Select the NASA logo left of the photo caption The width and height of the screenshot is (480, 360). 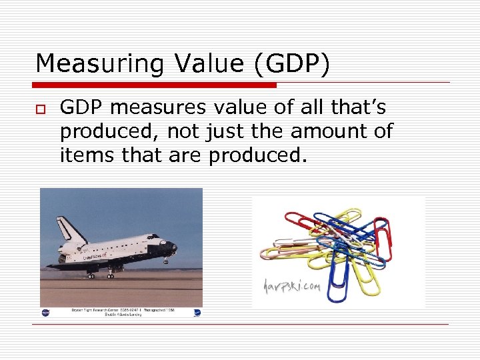(46, 311)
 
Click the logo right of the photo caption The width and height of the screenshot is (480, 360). (197, 311)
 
